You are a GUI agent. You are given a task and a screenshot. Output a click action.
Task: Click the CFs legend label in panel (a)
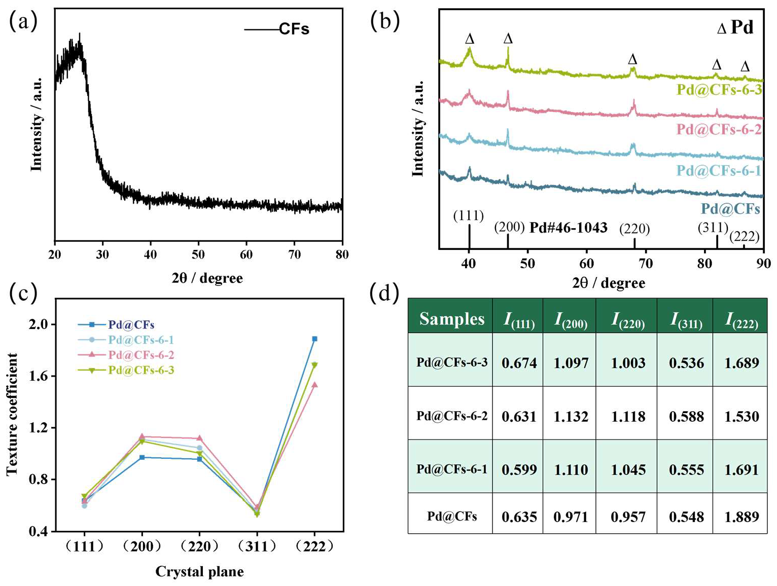point(294,29)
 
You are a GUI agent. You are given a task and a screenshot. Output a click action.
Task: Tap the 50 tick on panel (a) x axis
point(198,254)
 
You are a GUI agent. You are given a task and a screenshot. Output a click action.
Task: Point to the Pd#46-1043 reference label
point(568,228)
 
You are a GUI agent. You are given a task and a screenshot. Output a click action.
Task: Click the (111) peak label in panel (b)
point(469,215)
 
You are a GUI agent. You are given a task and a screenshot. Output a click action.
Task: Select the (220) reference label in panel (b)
point(634,229)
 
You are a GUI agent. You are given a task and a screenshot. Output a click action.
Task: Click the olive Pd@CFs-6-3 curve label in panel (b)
point(719,90)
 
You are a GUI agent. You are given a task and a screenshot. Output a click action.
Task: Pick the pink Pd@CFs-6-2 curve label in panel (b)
point(719,129)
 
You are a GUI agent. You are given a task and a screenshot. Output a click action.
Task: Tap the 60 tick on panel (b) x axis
point(587,263)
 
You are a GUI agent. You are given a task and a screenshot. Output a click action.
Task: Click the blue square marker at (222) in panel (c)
point(314,339)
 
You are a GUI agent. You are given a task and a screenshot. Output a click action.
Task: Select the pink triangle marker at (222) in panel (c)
point(314,385)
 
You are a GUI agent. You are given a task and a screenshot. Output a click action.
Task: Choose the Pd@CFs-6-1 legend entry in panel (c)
point(141,340)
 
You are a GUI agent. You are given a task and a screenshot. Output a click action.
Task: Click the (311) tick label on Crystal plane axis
point(257,546)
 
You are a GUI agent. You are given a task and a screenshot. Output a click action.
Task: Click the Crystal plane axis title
point(199,572)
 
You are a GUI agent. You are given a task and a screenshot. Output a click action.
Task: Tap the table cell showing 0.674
point(519,363)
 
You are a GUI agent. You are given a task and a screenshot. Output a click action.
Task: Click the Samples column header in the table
point(451,319)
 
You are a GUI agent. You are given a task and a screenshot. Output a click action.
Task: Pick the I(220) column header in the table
point(628,319)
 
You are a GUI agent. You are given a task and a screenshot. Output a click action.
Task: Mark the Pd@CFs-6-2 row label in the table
point(451,416)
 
